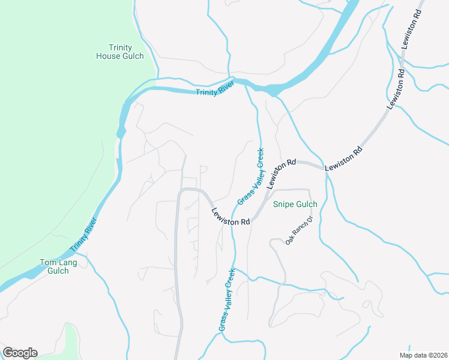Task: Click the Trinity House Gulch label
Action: click(x=120, y=52)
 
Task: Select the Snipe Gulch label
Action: click(x=295, y=205)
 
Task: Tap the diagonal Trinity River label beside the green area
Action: click(x=83, y=235)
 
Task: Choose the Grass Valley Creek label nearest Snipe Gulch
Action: click(x=251, y=176)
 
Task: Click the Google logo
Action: click(x=20, y=353)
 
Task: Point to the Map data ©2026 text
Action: click(x=423, y=355)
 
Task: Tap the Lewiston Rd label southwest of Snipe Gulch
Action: click(x=231, y=217)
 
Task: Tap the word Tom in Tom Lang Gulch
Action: click(x=48, y=262)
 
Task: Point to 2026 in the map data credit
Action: click(x=437, y=355)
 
